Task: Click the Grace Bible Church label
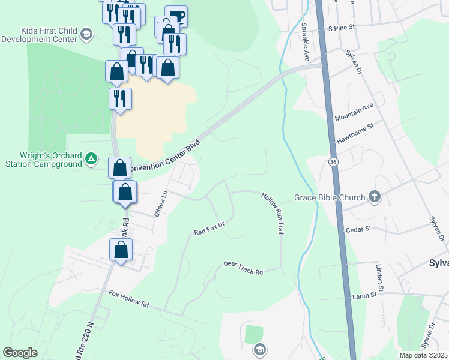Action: click(x=329, y=197)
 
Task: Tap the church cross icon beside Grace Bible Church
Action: click(x=374, y=197)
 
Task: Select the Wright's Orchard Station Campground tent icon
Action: click(x=91, y=159)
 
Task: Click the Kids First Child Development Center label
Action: click(x=40, y=35)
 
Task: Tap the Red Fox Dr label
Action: click(x=209, y=229)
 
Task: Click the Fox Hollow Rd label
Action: click(x=128, y=298)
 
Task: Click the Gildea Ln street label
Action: click(x=160, y=204)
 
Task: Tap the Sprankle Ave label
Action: click(x=305, y=43)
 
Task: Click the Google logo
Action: click(x=20, y=353)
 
